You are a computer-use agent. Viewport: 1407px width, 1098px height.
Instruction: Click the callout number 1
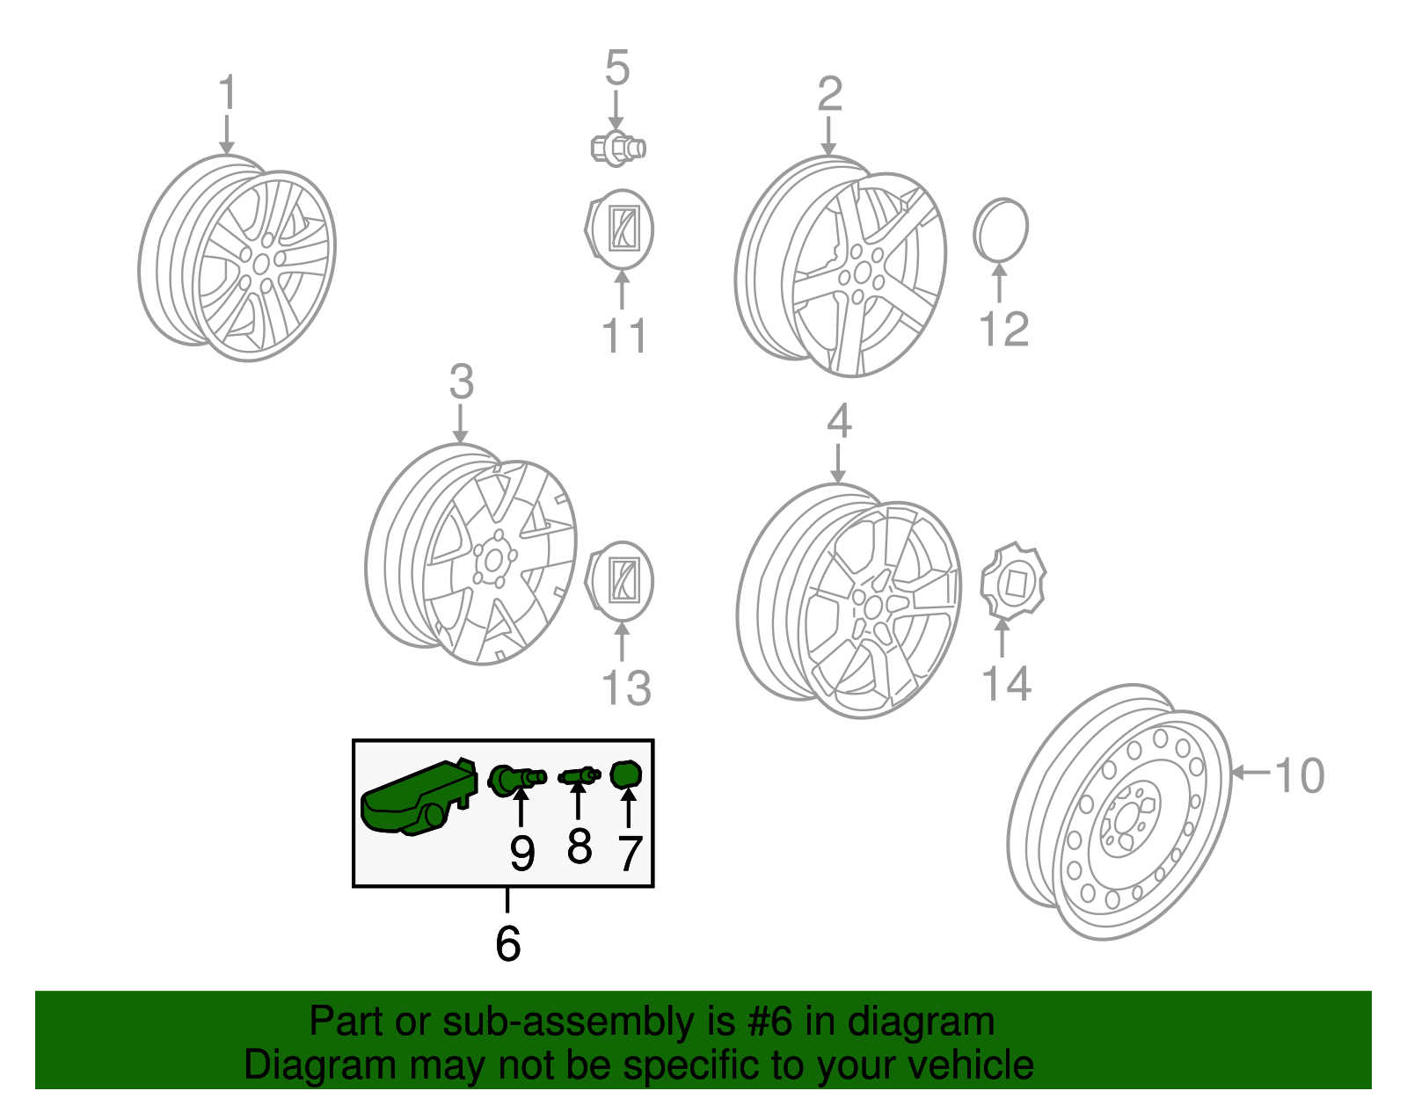[227, 92]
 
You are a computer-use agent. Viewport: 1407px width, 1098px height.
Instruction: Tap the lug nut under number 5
[617, 149]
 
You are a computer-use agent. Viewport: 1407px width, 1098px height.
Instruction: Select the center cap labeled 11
[619, 229]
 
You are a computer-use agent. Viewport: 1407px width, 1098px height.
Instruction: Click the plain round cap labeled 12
[1001, 229]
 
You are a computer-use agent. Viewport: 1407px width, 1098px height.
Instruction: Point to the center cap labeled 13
[619, 581]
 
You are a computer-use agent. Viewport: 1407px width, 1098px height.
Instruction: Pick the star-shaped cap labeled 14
[1013, 581]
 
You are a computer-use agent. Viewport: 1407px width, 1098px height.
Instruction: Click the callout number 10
[1299, 775]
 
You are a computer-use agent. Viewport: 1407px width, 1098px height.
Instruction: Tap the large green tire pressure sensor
[419, 796]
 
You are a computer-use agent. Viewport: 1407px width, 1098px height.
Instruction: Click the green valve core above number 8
[579, 774]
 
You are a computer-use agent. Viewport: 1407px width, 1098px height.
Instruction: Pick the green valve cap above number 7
[625, 774]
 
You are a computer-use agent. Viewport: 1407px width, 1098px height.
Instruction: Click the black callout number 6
[507, 943]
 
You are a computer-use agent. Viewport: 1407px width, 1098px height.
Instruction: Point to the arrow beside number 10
[1251, 773]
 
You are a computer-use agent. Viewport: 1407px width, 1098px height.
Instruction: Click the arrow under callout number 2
[828, 136]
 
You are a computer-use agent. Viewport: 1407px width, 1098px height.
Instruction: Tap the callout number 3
[462, 382]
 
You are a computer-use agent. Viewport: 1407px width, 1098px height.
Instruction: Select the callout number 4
[839, 421]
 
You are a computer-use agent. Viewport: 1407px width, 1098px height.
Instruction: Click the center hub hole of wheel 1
[261, 264]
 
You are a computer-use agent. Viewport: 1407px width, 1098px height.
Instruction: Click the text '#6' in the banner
[769, 1021]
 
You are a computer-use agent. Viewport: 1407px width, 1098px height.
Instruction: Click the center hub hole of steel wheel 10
[1127, 820]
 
